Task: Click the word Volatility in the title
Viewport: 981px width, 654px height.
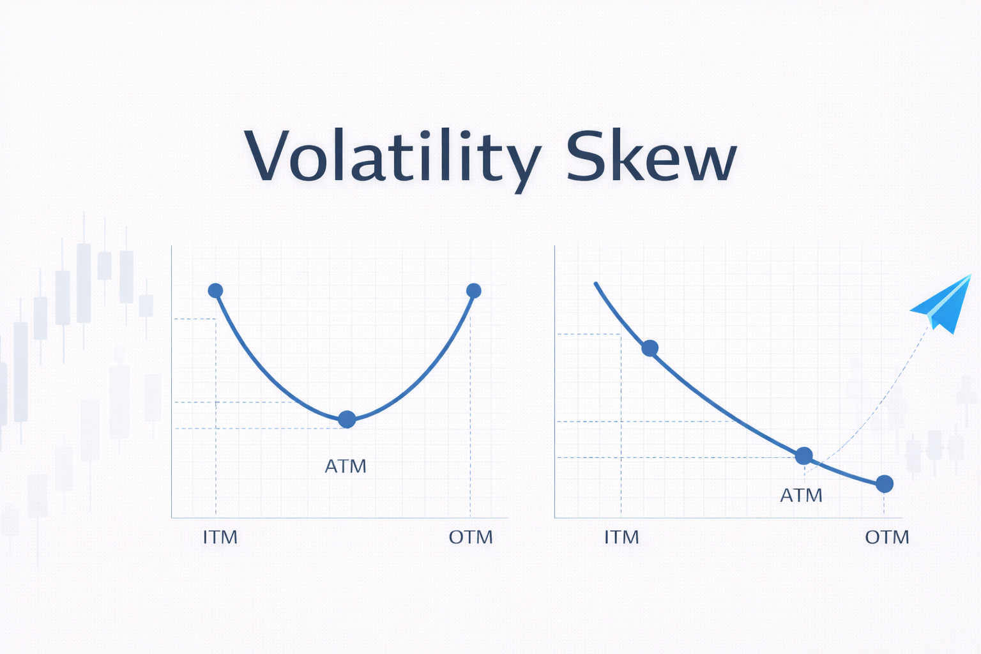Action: tap(392, 156)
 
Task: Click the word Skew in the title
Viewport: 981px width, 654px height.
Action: tap(651, 156)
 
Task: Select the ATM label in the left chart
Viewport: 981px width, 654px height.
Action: tap(346, 466)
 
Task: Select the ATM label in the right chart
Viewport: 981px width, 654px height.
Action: tap(801, 496)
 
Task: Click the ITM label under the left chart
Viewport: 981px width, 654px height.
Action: tap(220, 537)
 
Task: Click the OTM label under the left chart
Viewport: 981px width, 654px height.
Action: tap(471, 537)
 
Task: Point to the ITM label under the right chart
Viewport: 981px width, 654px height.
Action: tap(621, 537)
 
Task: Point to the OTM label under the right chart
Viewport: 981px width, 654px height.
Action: tap(886, 537)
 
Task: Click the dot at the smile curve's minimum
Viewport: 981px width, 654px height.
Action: tap(346, 420)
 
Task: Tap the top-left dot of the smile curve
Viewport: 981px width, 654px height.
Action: tap(216, 291)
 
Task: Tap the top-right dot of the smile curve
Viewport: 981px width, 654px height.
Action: tap(473, 291)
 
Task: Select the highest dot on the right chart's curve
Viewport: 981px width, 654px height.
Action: tap(650, 348)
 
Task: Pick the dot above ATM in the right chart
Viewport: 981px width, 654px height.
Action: tap(803, 456)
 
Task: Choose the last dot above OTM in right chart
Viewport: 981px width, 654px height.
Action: tap(884, 484)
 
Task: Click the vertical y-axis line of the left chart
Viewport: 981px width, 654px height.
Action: tap(171, 383)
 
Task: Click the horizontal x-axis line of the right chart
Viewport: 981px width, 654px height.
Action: tap(728, 518)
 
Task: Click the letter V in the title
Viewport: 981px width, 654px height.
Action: tap(263, 156)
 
